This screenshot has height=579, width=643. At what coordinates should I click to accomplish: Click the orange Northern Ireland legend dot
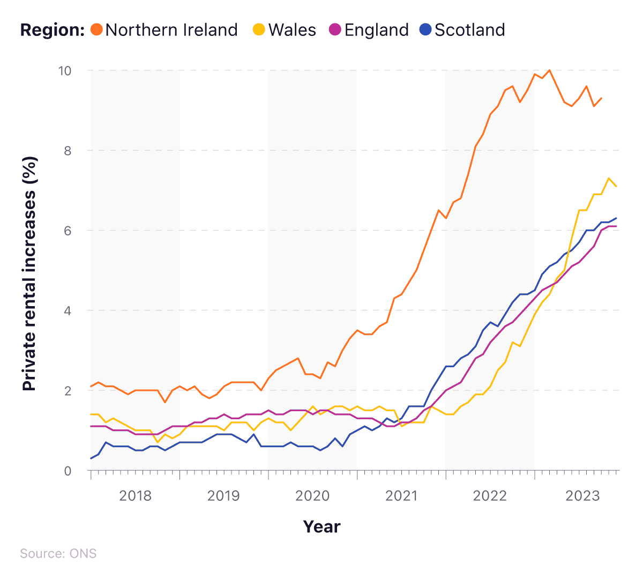pos(96,29)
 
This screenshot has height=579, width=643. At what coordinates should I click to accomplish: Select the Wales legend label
pos(292,29)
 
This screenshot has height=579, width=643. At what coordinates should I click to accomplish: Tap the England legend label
pos(376,29)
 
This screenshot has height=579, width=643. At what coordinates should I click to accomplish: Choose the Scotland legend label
pos(469,29)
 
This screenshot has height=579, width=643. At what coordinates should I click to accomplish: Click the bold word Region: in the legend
pos(53,29)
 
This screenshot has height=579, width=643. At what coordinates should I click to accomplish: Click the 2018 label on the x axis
pos(135,495)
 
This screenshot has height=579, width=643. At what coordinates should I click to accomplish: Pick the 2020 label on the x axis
pos(312,495)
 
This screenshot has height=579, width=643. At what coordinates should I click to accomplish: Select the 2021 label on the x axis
pos(401,495)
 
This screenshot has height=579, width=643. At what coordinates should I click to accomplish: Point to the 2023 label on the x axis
pos(582,495)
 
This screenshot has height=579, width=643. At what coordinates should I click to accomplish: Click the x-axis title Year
pos(322,526)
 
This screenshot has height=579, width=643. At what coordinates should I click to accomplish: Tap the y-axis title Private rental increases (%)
pos(29,273)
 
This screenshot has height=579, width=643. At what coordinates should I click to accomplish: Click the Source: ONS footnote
pos(58,553)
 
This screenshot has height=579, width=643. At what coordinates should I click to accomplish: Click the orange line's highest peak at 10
pos(549,70)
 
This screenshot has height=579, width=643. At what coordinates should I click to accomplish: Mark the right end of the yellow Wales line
pos(616,186)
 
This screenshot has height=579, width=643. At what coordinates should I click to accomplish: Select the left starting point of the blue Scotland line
pos(91,458)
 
